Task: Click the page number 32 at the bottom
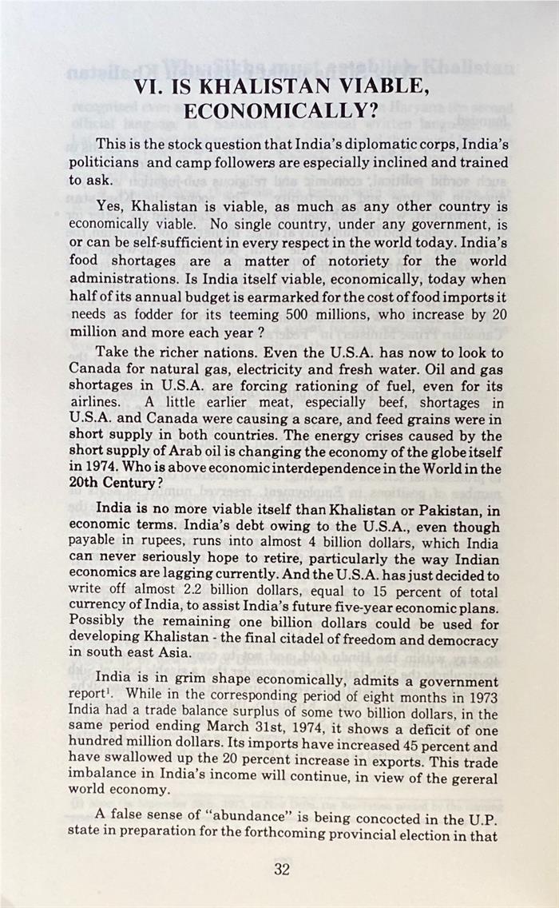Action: point(281,870)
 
